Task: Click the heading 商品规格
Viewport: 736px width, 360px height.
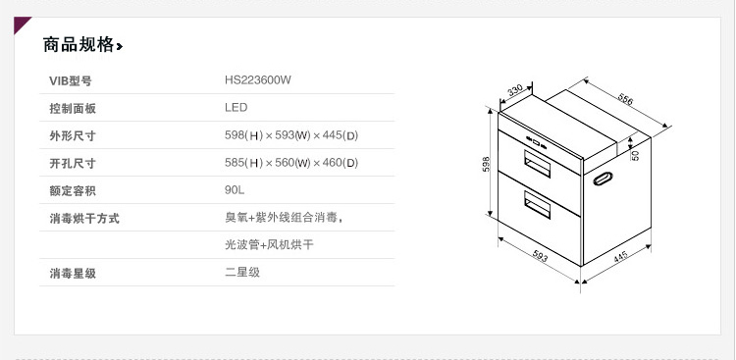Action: click(79, 45)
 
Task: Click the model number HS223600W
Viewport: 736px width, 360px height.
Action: click(257, 80)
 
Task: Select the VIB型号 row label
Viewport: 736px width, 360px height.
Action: click(71, 80)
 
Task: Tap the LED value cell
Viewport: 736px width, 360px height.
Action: click(236, 108)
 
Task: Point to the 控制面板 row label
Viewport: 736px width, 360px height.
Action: click(74, 108)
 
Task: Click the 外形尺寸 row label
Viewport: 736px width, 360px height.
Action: click(74, 135)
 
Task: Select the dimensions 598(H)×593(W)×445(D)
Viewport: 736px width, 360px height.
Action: click(291, 135)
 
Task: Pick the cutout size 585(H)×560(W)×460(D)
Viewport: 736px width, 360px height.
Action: click(291, 163)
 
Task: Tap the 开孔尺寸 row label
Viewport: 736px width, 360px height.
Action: click(74, 163)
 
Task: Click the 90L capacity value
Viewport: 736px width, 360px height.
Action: click(235, 190)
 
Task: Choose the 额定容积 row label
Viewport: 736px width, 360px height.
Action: click(74, 190)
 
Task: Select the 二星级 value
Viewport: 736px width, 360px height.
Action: click(242, 272)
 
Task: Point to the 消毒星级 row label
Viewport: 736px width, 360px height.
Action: click(74, 272)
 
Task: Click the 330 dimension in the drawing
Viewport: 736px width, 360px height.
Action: click(514, 91)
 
